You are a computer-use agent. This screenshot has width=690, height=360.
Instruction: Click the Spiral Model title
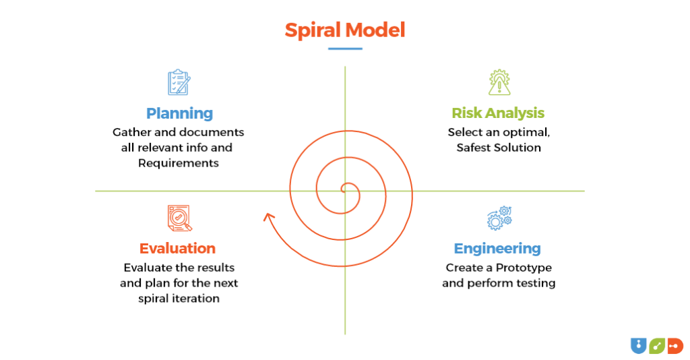(344, 30)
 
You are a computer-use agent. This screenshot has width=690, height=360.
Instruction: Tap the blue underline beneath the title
(345, 49)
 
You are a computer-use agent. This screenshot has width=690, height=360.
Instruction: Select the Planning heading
(179, 113)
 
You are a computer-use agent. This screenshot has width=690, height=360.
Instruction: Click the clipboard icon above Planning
(179, 82)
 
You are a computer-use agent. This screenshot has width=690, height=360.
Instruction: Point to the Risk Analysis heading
(498, 113)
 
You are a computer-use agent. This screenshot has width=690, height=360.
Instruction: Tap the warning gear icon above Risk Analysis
(499, 82)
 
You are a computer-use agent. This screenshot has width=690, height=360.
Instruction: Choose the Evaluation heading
(177, 248)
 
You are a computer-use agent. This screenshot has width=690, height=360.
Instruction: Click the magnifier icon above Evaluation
(179, 218)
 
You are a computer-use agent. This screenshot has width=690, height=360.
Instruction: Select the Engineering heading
(497, 248)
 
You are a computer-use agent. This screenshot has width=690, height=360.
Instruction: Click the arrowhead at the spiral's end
(269, 217)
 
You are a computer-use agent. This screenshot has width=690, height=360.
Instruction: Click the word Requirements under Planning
(179, 162)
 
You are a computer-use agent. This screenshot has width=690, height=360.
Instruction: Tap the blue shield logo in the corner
(637, 346)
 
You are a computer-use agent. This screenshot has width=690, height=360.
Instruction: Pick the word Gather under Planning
(131, 132)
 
